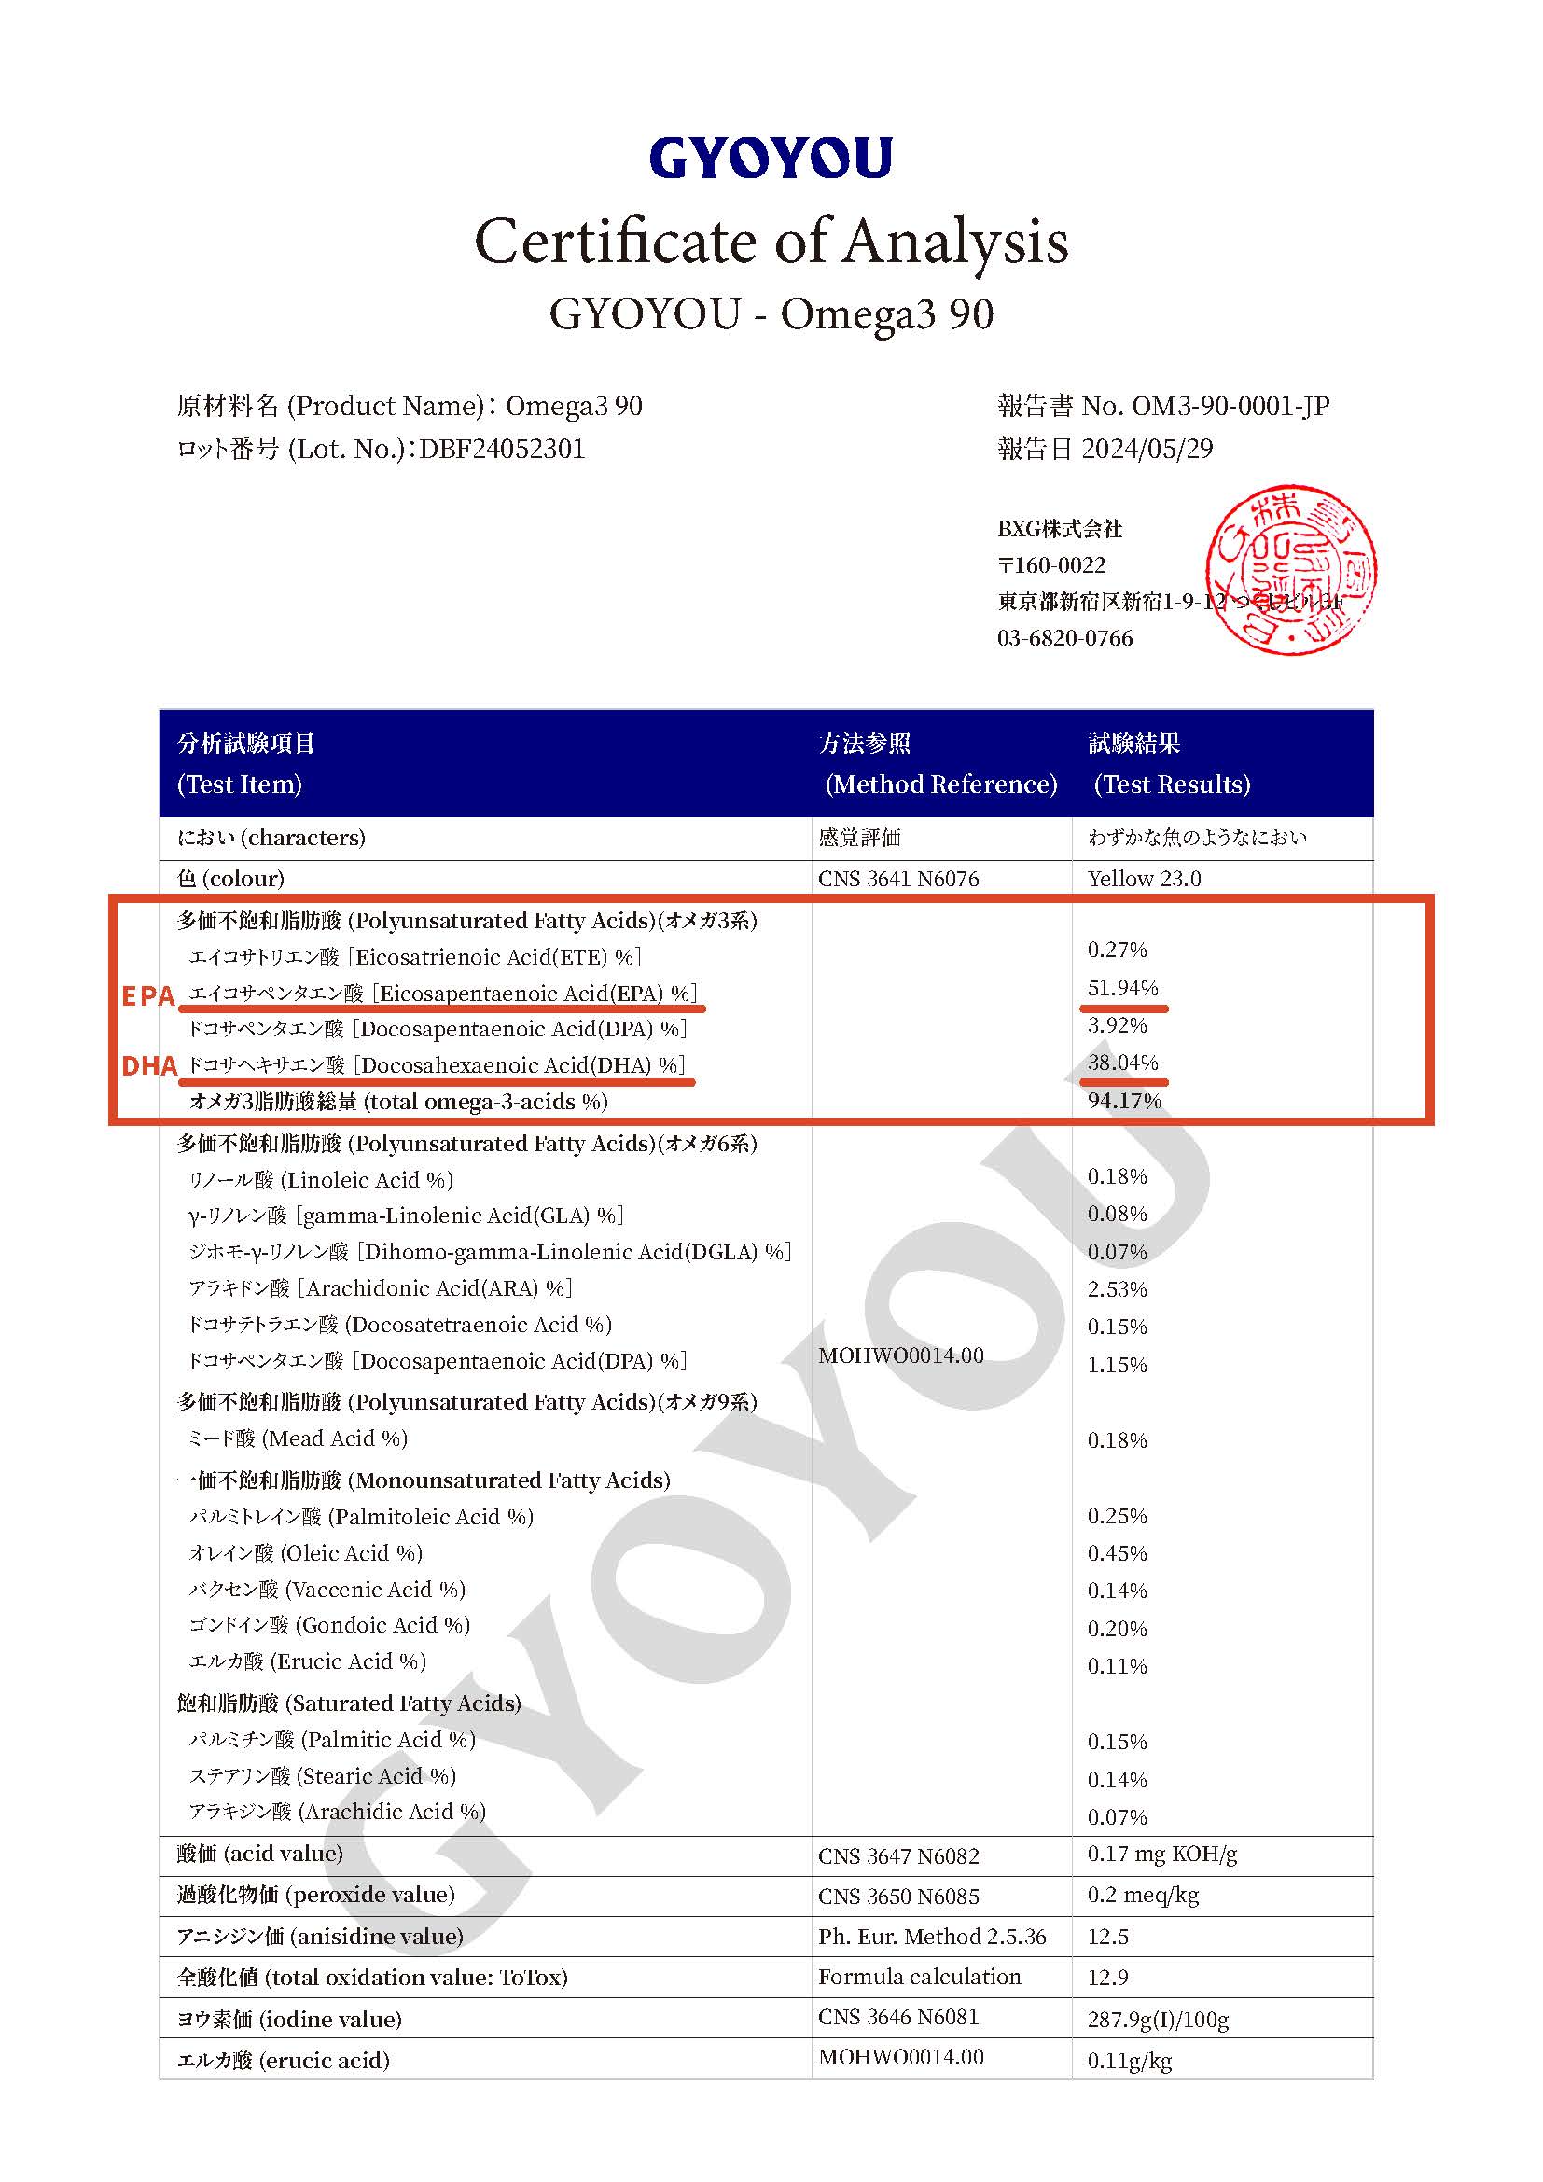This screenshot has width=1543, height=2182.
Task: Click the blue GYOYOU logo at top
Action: click(771, 158)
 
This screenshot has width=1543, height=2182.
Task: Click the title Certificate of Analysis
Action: click(771, 242)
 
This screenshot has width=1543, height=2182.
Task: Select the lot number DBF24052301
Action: click(502, 449)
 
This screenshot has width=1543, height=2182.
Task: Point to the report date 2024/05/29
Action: click(1147, 449)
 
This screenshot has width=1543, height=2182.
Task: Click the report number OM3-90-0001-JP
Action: click(1230, 406)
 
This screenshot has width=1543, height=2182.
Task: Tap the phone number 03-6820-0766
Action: click(1064, 638)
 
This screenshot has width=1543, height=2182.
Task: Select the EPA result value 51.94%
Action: click(1122, 988)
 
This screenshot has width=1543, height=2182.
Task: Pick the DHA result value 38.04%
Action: click(1122, 1063)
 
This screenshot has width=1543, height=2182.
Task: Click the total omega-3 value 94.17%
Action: click(1124, 1101)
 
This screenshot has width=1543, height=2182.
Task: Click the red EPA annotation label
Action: click(148, 996)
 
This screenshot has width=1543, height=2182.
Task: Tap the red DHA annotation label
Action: click(149, 1066)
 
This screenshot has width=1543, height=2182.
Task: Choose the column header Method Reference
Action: click(940, 784)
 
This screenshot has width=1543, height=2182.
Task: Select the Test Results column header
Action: click(1171, 784)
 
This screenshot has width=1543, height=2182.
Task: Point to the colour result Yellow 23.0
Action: click(1144, 878)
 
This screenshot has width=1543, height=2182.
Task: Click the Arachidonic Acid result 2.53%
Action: click(1118, 1289)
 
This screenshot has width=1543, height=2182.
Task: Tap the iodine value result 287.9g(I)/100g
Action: click(1157, 2020)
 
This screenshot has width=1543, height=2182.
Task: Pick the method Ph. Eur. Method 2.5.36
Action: click(931, 1937)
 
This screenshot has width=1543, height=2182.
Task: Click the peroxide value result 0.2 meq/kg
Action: click(1143, 1895)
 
